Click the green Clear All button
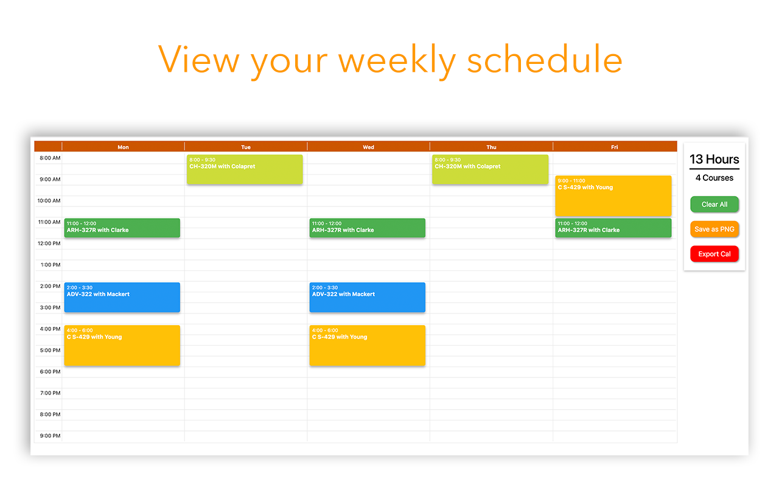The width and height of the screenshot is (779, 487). (x=714, y=204)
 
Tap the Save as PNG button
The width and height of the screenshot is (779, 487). (x=714, y=229)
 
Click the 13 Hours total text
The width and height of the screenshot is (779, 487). (x=714, y=159)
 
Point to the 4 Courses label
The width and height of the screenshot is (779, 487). (x=714, y=178)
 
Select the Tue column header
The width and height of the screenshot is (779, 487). (x=246, y=147)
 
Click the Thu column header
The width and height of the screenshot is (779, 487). (x=491, y=147)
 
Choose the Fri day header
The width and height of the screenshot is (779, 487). (x=615, y=147)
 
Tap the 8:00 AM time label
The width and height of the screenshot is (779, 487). (x=50, y=158)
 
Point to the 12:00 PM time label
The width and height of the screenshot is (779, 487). (x=49, y=243)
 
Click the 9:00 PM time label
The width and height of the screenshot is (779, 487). (x=50, y=436)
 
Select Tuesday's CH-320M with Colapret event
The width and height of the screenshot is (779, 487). (x=245, y=169)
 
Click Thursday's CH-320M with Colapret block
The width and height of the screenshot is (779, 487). (x=491, y=169)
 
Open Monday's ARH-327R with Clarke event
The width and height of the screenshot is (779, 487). (x=122, y=228)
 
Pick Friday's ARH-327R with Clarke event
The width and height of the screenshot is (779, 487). (x=613, y=228)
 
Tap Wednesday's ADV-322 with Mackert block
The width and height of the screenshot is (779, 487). (x=368, y=298)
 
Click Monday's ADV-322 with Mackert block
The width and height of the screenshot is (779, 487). (x=122, y=298)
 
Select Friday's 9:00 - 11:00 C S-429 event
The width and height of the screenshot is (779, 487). (x=613, y=196)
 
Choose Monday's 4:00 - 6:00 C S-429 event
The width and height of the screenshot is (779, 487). (x=122, y=345)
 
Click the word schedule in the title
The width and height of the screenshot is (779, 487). (x=545, y=60)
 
